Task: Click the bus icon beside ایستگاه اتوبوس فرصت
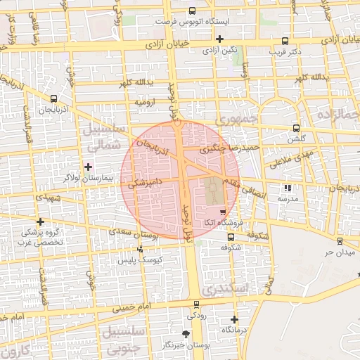(x=193, y=11)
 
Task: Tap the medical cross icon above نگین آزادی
(x=220, y=39)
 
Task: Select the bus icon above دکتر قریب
(x=284, y=41)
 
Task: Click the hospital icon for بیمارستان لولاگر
(x=88, y=166)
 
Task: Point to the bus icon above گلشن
(x=295, y=129)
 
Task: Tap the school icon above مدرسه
(x=288, y=188)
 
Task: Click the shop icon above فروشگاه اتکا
(x=223, y=212)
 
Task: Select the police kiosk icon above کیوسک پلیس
(x=141, y=248)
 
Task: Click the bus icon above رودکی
(x=195, y=304)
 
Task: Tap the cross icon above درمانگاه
(x=234, y=319)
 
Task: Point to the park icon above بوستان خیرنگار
(x=186, y=334)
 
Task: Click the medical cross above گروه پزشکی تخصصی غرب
(x=40, y=221)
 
